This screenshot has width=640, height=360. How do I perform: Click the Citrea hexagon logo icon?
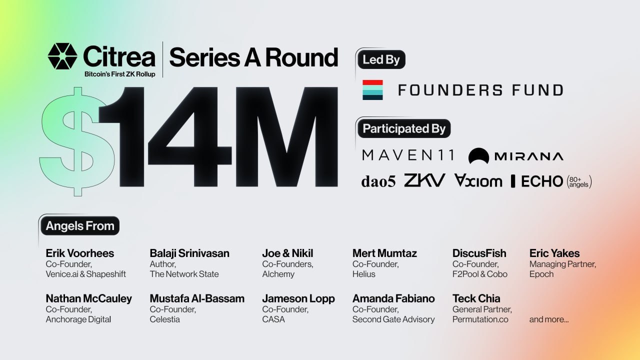[x=62, y=56]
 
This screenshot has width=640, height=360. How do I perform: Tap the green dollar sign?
[x=76, y=141]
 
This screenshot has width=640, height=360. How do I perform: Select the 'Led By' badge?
[x=381, y=59]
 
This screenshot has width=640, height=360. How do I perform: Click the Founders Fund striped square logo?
[x=372, y=90]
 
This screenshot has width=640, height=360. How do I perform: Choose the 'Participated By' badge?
[x=404, y=128]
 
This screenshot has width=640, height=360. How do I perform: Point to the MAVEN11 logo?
[x=408, y=155]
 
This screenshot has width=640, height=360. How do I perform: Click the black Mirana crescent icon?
[x=478, y=155]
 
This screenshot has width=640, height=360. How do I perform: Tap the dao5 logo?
[x=378, y=181]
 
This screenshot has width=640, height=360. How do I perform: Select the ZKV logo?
[x=424, y=180]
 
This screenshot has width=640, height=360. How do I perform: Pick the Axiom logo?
[x=478, y=180]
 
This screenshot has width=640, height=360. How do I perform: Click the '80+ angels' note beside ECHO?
[x=579, y=182]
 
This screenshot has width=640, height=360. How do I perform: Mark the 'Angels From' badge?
[x=80, y=225]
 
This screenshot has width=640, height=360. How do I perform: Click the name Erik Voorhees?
[x=79, y=253]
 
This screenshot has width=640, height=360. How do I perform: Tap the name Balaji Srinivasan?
[x=189, y=253]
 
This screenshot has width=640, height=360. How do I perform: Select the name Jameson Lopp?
[x=298, y=298]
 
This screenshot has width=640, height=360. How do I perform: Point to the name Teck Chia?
[x=476, y=298]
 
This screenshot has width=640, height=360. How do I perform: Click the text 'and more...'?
[x=549, y=319]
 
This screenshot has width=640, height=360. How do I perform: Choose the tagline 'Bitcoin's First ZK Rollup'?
[x=119, y=74]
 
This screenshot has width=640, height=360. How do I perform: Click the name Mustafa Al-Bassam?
[x=197, y=298]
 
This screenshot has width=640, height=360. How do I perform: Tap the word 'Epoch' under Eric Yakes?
[x=541, y=274]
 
